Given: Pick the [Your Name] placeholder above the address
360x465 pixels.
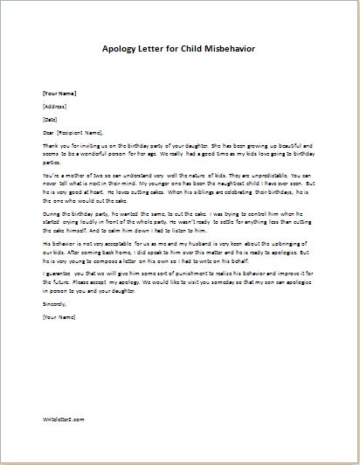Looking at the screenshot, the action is pos(59,92).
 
